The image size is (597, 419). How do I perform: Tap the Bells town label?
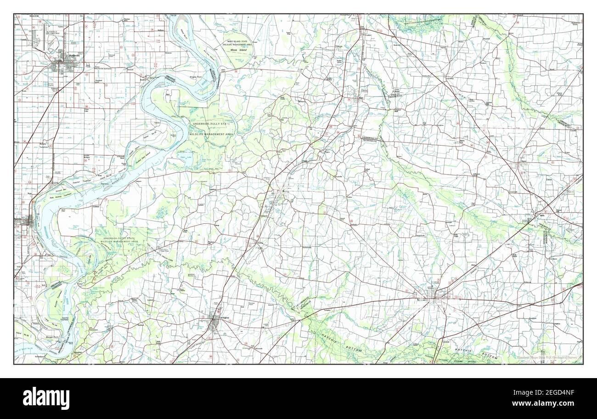coord(542,215)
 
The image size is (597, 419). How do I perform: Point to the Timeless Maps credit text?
coord(546,357)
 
